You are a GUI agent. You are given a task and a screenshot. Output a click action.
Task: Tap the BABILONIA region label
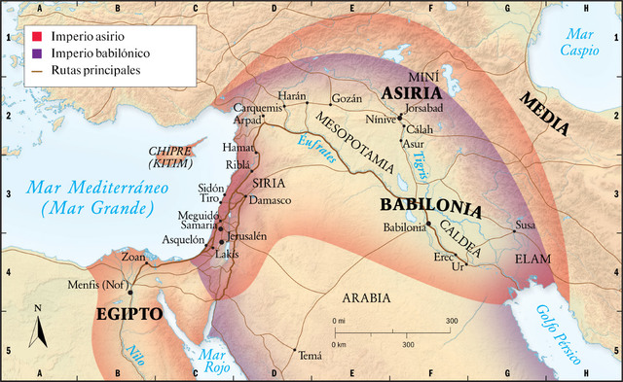431,207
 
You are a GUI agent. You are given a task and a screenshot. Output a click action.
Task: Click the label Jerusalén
249,236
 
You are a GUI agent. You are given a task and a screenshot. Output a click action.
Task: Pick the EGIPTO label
128,314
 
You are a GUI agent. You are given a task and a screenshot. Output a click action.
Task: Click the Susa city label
525,225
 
